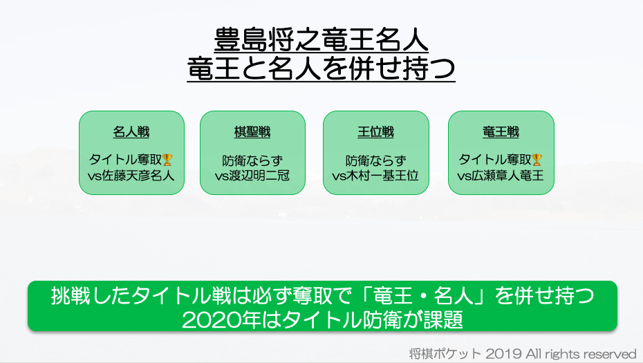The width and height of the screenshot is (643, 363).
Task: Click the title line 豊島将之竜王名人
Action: [321, 40]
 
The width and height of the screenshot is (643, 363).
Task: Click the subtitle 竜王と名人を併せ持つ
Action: [321, 68]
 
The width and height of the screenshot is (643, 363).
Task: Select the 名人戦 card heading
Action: [131, 132]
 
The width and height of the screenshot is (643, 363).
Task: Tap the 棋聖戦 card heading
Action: [252, 132]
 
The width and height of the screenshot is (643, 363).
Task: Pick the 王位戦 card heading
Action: [375, 132]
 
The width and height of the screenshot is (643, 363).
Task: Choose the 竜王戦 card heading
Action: [501, 132]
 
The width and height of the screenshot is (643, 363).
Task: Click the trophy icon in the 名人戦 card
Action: [167, 160]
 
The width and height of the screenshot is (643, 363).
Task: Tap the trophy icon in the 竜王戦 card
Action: [537, 160]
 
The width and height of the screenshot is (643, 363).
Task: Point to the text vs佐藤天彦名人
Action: [131, 176]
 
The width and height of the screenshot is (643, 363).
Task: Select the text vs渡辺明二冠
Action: [252, 176]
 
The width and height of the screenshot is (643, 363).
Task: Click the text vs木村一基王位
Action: [375, 176]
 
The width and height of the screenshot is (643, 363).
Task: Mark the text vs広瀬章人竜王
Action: [501, 176]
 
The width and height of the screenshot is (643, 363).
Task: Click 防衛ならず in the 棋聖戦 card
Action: [252, 160]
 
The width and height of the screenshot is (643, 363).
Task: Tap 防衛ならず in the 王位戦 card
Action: [375, 160]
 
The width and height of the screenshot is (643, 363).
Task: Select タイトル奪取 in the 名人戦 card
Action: [125, 160]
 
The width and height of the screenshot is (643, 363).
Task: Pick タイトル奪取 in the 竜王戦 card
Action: [495, 160]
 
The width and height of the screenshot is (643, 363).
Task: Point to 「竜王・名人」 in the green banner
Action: [424, 296]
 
